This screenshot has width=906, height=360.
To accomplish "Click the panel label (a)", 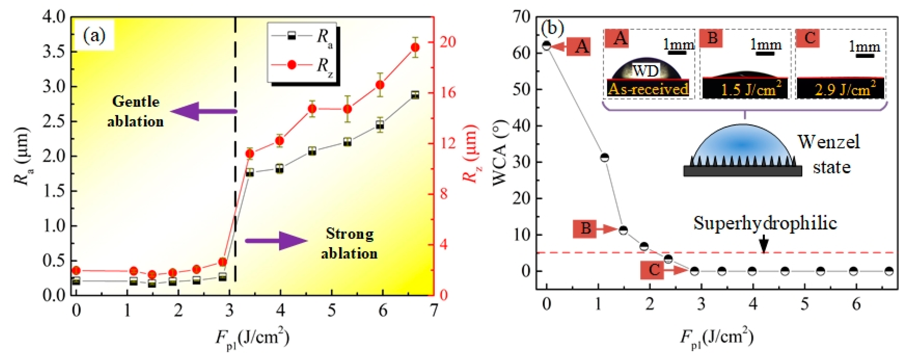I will [x=94, y=36].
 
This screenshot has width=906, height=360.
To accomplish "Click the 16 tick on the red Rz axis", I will [x=447, y=93].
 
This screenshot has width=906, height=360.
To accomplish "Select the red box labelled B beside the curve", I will [x=585, y=229].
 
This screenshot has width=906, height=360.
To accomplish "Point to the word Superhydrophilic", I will [x=765, y=223].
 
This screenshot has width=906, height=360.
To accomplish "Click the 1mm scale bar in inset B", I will [x=765, y=53].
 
